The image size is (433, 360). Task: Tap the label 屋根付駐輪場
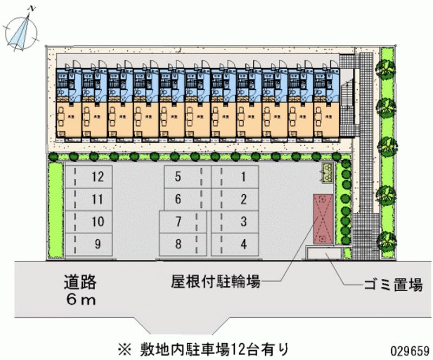click(216, 282)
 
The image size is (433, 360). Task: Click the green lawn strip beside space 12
click(56, 208)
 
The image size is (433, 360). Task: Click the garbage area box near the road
click(324, 253)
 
